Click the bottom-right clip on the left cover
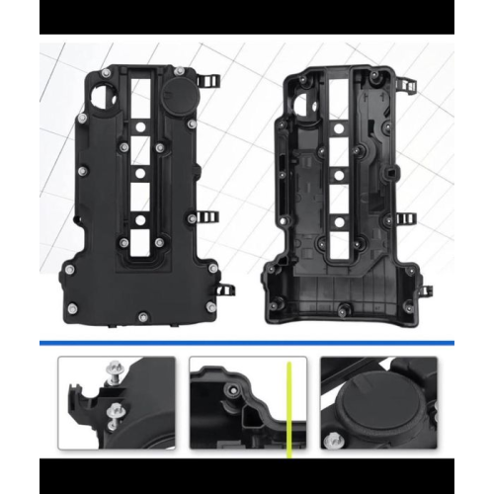tap(225, 289)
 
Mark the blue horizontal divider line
tap(247, 342)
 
